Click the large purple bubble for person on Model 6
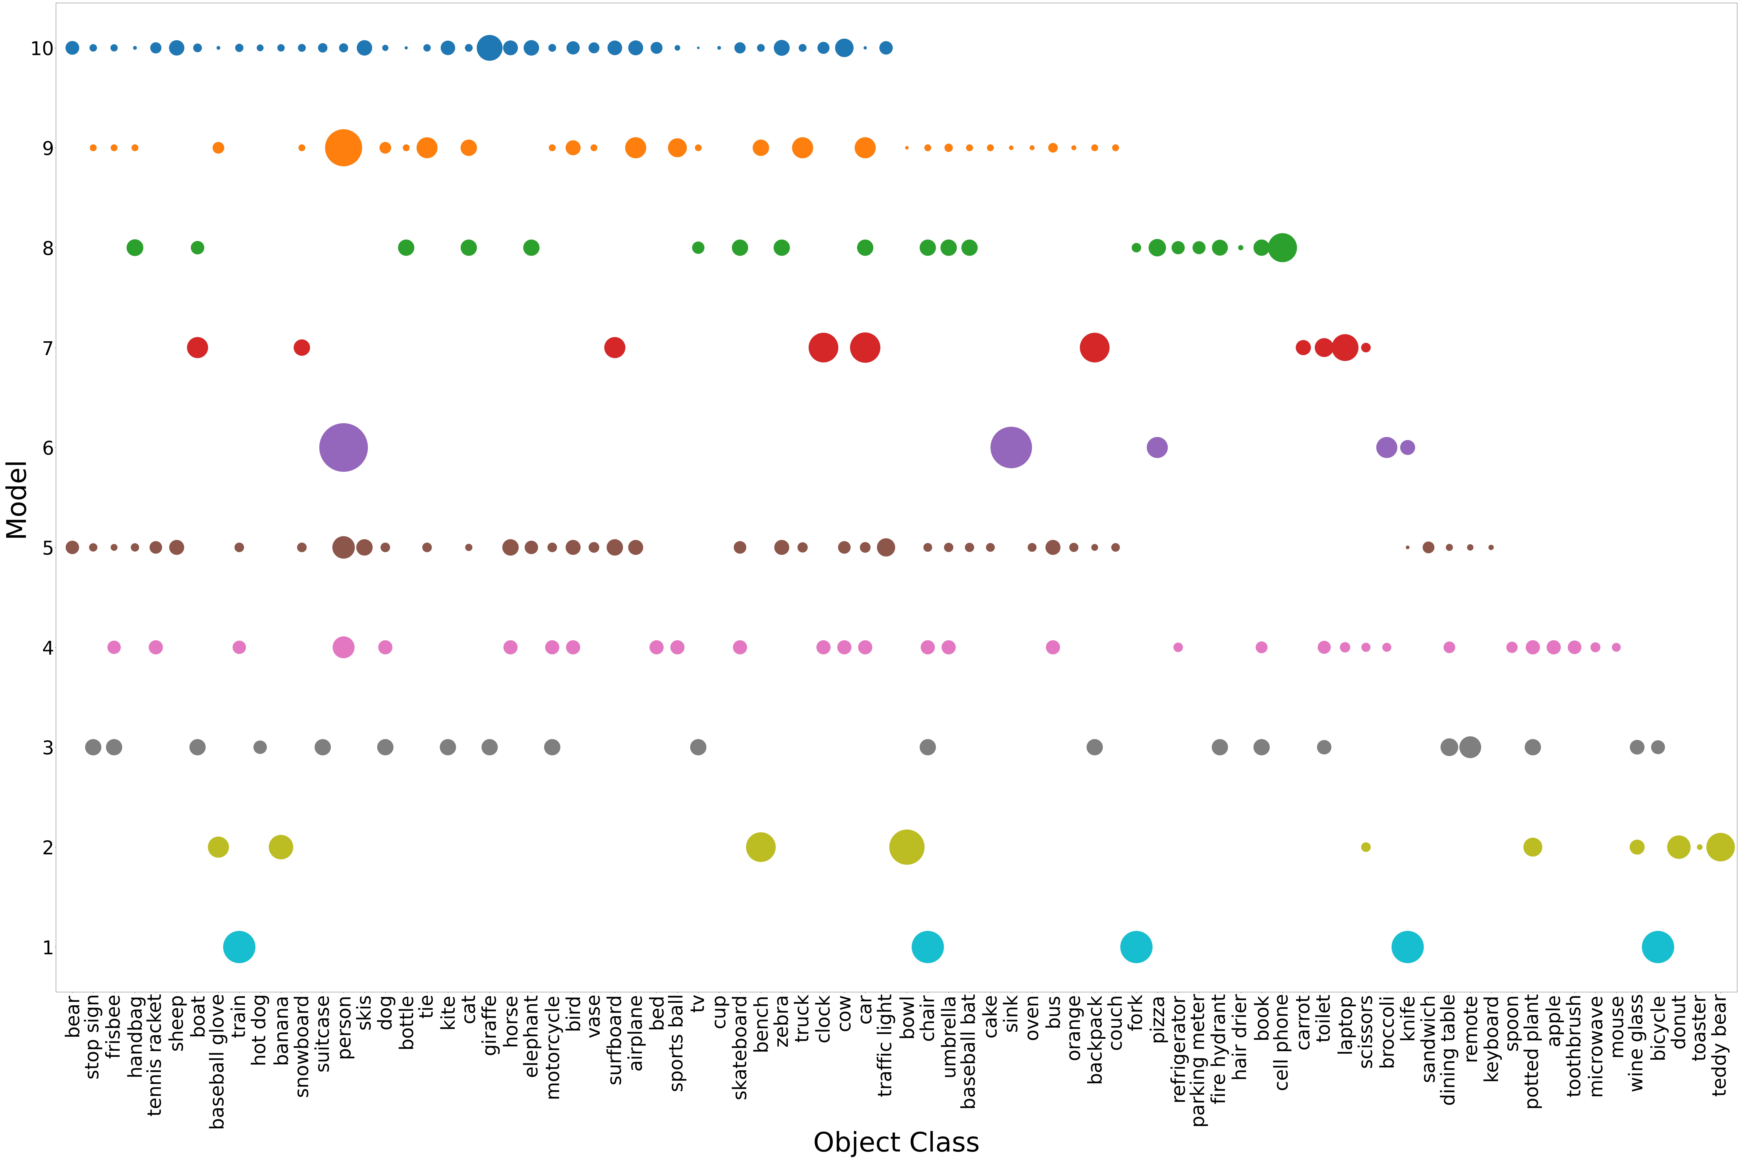pos(343,448)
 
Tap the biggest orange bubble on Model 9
pos(343,148)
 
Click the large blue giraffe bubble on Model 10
pos(489,48)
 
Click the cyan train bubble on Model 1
pos(239,947)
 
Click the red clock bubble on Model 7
pos(823,348)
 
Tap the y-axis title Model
pos(16,500)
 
